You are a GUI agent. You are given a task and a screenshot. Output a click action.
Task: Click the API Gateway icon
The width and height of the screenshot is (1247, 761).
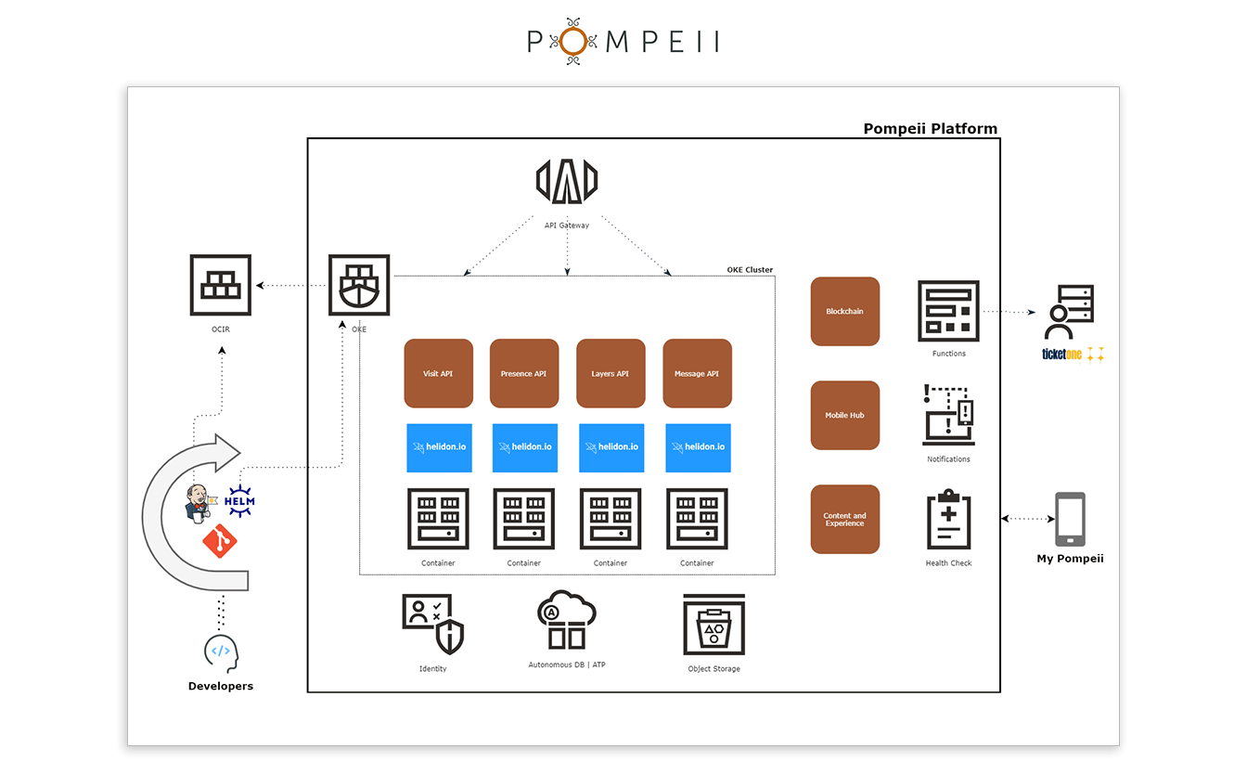point(567,181)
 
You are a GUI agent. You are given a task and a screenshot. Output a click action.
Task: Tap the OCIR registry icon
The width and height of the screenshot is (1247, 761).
point(220,285)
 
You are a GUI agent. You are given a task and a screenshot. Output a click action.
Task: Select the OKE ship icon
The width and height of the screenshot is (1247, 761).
point(359,285)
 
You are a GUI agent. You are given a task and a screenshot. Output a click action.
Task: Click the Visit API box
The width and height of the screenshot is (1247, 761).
point(438,373)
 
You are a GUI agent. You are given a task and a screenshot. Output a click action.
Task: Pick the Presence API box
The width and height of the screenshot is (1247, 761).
point(524,373)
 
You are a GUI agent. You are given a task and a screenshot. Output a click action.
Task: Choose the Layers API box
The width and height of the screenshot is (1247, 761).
point(611,373)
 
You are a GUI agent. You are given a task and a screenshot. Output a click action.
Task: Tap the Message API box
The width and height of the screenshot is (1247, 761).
point(697,373)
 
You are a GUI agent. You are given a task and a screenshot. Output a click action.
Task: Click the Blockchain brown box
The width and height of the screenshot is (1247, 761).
point(844,311)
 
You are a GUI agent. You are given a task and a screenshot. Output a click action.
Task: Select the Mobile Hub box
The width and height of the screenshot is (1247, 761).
point(844,415)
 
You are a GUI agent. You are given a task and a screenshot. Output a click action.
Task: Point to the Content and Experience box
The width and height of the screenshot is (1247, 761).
point(844,519)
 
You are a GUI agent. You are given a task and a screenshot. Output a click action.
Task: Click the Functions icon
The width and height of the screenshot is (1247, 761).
point(948,311)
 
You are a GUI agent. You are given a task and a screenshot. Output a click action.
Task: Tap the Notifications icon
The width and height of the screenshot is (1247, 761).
point(948,415)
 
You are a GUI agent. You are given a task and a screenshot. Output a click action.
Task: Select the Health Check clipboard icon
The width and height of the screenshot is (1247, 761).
point(948,520)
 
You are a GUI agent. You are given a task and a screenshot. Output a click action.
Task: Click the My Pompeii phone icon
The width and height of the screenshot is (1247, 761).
point(1070,520)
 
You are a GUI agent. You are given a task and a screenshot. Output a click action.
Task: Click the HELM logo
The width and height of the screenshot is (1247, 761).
point(239,500)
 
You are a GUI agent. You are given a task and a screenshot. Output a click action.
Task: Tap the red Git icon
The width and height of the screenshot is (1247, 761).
point(220,540)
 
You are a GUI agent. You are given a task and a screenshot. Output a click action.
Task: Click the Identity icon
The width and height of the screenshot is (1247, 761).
point(432,624)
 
